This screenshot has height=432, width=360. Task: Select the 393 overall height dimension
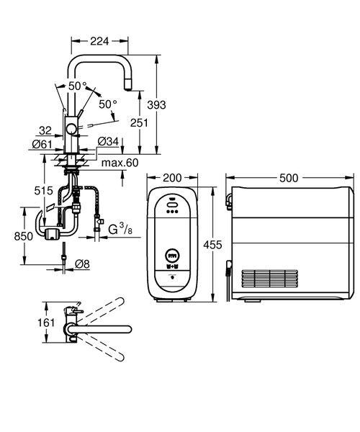coord(157,105)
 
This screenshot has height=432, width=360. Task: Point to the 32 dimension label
coord(46,130)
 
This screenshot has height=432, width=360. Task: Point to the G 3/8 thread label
coord(122,230)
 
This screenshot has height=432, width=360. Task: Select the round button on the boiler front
coord(171,256)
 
